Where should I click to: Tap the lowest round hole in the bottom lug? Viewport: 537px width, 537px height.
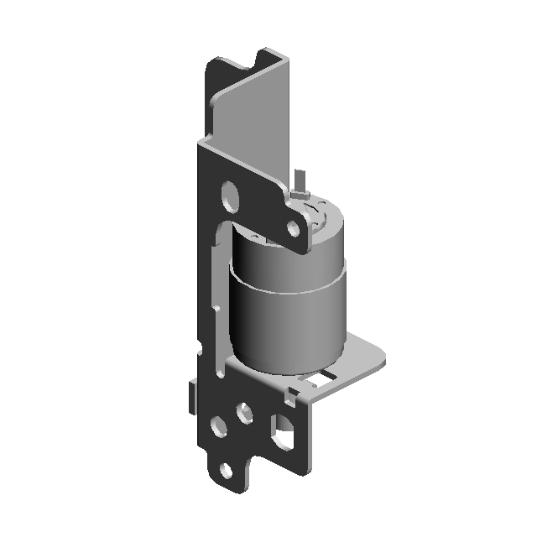click(x=225, y=471)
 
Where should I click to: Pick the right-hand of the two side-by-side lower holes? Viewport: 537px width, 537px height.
click(x=245, y=412)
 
